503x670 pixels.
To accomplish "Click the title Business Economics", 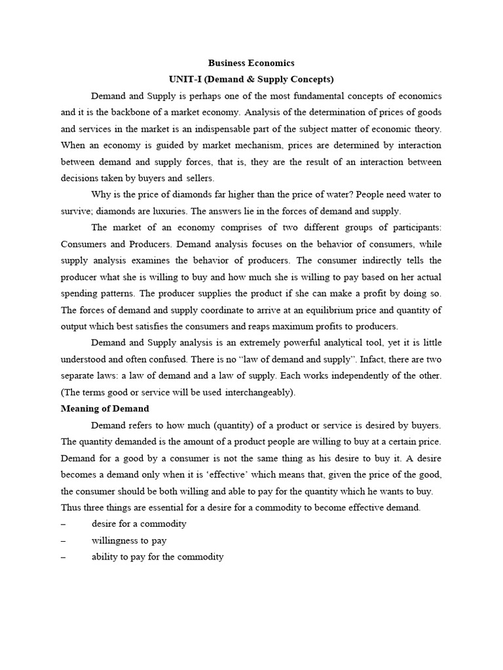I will [251, 63].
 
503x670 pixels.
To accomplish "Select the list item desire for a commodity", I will [139, 524].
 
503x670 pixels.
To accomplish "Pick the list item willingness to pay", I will [129, 540].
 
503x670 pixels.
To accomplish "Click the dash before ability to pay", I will [63, 557].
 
